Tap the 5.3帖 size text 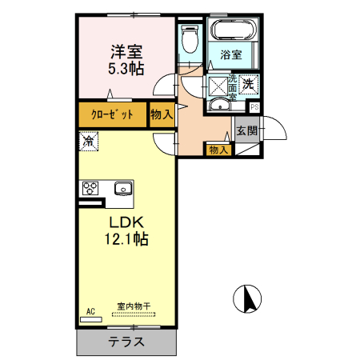coord(126,69)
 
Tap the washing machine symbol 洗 coord(248,82)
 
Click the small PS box coord(254,106)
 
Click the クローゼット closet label coord(113,114)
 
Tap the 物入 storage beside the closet coord(162,114)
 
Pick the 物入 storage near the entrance coord(218,149)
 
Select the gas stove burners coord(90,189)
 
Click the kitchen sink coord(123,189)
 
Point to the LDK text coord(126,220)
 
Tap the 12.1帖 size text coord(126,238)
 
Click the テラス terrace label coord(126,342)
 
